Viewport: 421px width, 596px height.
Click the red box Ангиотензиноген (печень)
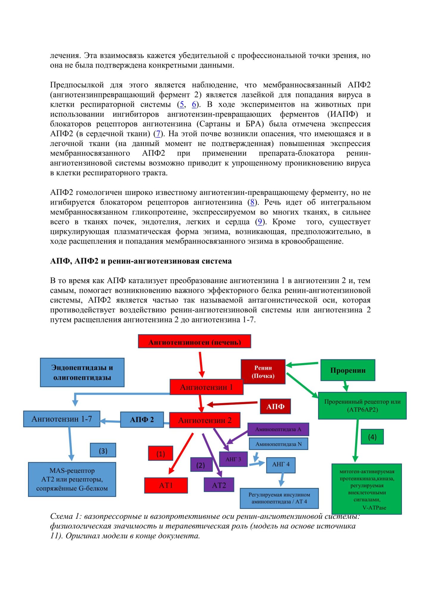(194, 341)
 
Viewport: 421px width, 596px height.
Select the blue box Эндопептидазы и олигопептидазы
(82, 372)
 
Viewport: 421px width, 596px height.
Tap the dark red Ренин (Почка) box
(263, 372)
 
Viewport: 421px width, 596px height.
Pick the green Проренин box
(347, 370)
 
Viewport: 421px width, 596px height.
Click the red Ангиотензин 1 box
(206, 387)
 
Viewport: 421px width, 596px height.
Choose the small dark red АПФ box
(275, 406)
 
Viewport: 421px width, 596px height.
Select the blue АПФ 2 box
(142, 420)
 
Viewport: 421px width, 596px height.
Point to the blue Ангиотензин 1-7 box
(62, 419)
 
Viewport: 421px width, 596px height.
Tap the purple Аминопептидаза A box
(278, 429)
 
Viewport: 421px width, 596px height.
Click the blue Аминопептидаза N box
(278, 444)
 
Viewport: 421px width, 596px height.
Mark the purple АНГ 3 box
(233, 459)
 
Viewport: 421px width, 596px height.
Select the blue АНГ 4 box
(280, 465)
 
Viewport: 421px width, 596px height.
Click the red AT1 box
(166, 485)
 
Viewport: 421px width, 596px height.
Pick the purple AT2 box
(219, 485)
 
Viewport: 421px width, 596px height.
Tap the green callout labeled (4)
(372, 437)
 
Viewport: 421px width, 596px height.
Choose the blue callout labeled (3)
(103, 451)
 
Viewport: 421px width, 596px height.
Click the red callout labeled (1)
(161, 454)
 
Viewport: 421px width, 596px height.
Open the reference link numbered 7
(158, 134)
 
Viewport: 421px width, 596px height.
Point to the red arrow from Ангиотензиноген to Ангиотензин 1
(201, 364)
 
